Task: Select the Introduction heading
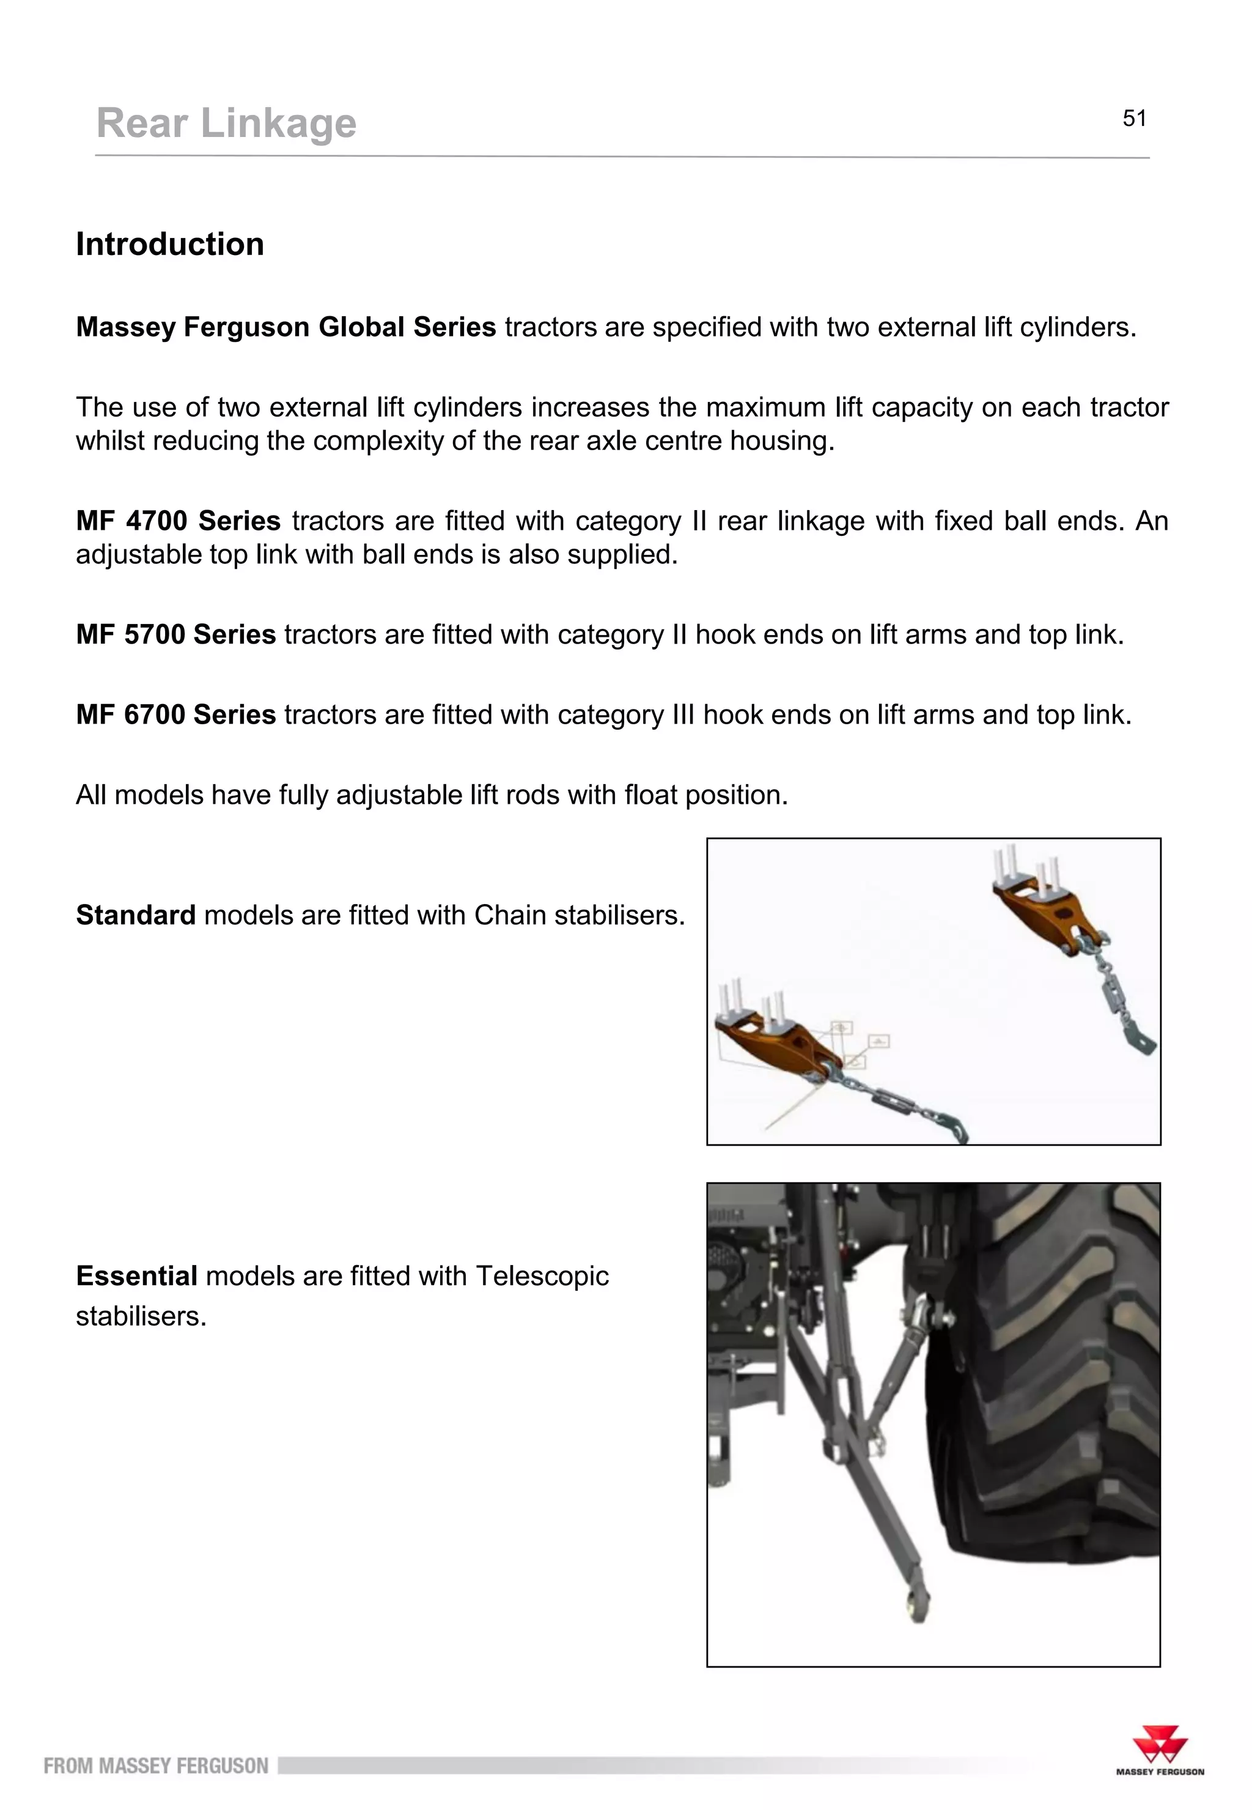[169, 244]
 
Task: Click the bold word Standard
[135, 915]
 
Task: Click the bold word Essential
[136, 1276]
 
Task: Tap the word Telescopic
[542, 1276]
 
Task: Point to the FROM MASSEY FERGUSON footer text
[155, 1766]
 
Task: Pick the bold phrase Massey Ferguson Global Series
[285, 327]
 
